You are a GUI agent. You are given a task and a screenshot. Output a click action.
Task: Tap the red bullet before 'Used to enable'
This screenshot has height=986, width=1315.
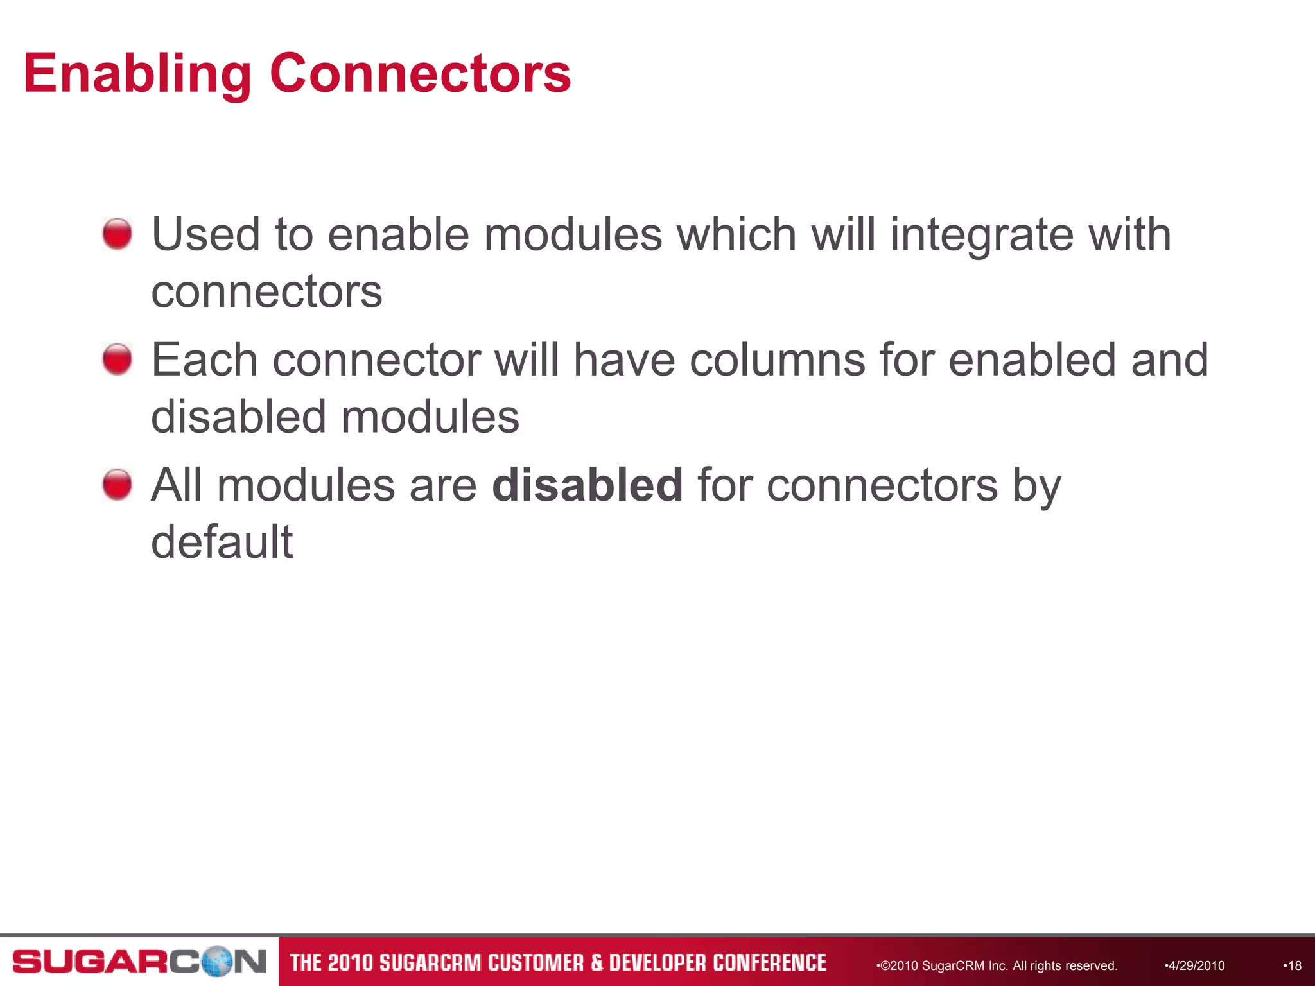click(118, 234)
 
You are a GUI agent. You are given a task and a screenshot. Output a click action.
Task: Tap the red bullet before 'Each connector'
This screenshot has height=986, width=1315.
click(118, 359)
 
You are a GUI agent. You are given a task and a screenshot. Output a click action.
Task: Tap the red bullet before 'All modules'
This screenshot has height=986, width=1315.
click(118, 484)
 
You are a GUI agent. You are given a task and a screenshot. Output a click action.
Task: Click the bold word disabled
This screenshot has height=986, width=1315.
click(587, 485)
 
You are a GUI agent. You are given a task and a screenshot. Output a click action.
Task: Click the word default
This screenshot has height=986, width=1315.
click(222, 542)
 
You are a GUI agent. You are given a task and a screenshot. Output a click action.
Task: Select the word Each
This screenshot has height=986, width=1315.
click(204, 359)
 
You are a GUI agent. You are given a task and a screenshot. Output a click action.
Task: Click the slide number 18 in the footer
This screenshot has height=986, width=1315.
click(1294, 965)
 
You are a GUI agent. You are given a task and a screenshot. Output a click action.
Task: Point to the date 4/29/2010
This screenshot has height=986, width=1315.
click(1195, 965)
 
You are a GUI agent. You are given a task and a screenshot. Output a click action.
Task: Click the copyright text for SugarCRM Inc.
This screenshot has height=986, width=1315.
click(998, 965)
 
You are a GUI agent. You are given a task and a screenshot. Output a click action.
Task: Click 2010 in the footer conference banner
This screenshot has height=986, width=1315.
click(349, 963)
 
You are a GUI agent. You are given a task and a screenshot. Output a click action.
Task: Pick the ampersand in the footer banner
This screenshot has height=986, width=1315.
click(597, 963)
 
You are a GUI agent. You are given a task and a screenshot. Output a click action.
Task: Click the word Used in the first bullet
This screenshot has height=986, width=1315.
click(205, 234)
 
